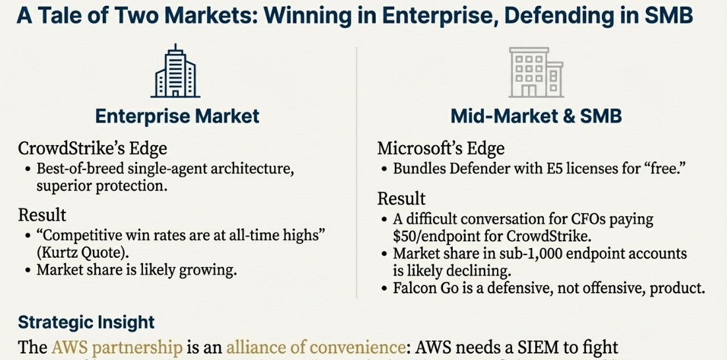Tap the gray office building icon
pos(536,73)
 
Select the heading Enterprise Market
pos(177,116)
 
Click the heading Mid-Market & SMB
pos(536,116)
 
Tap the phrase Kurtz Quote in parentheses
pos(72,252)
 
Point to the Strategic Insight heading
pos(86,322)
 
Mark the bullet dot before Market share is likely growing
pos(27,270)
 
